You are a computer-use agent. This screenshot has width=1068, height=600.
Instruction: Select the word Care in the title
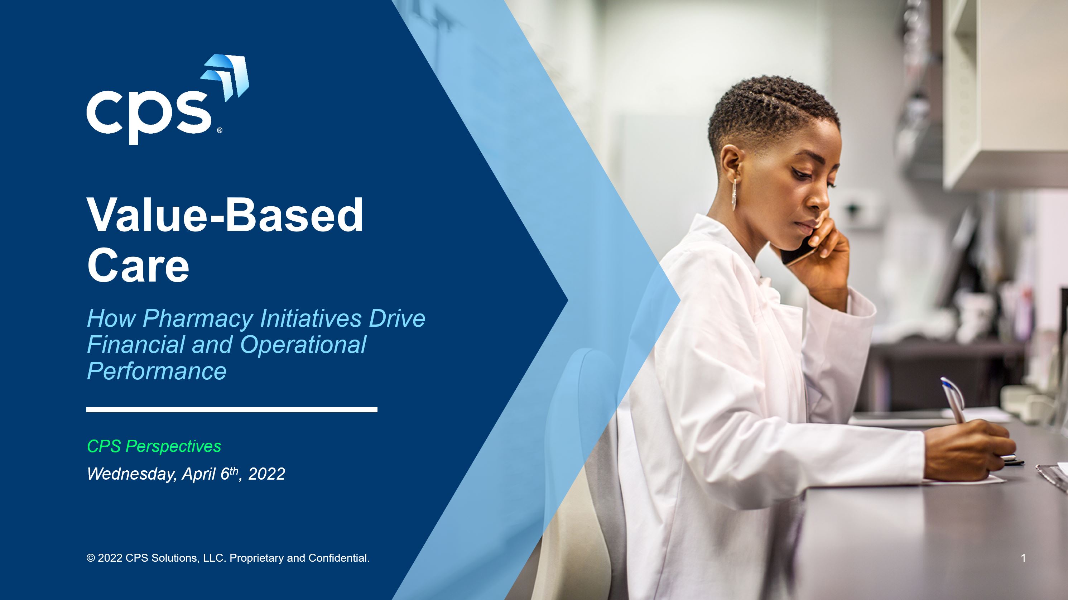(138, 265)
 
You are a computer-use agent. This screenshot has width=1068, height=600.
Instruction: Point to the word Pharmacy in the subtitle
(198, 318)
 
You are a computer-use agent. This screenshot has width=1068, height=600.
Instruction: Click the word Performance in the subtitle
(157, 371)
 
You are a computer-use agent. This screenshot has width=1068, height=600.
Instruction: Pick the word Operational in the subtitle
(303, 345)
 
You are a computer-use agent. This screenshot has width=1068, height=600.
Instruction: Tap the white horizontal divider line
(232, 410)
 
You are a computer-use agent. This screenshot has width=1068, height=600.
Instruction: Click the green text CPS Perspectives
(154, 447)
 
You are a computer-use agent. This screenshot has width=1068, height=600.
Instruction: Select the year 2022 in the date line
(266, 474)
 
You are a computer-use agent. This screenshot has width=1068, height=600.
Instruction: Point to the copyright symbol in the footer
(90, 558)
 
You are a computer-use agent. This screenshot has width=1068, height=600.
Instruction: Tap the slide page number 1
(1023, 558)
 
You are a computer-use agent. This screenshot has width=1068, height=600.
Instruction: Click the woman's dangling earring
(734, 195)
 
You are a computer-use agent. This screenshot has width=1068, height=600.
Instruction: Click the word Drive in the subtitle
(397, 318)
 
